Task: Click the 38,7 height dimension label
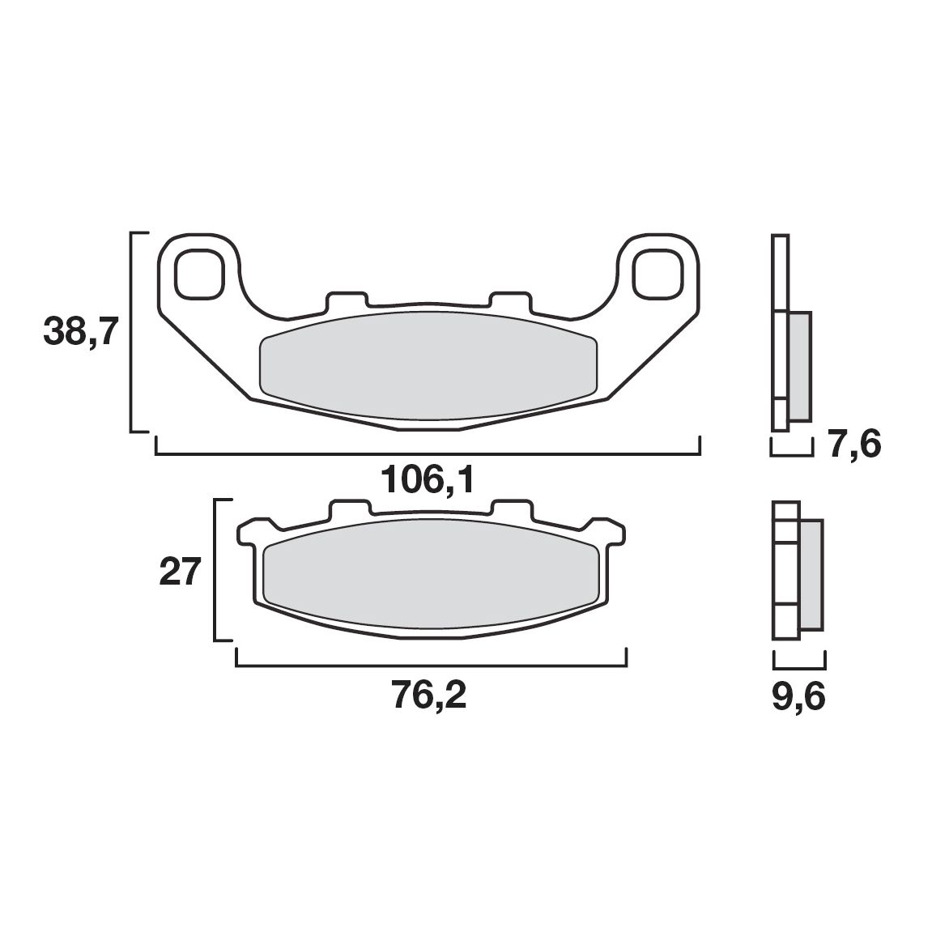point(81,332)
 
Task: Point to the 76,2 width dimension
point(429,696)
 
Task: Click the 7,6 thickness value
point(853,445)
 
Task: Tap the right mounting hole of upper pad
point(656,274)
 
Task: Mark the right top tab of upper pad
point(512,300)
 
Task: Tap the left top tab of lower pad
point(350,509)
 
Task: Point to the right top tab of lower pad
point(512,509)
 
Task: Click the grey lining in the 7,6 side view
point(798,366)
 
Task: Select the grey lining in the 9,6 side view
point(811,574)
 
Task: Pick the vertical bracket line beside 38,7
point(132,332)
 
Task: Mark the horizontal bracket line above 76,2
point(429,666)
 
